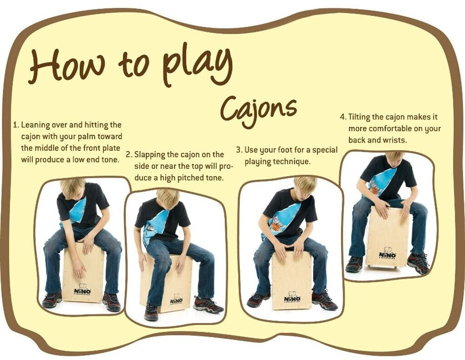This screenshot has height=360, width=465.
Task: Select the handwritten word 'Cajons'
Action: pos(258,111)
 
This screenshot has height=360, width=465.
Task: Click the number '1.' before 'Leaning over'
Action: pos(17,124)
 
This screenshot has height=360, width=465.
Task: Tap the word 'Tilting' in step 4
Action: pos(359,117)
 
